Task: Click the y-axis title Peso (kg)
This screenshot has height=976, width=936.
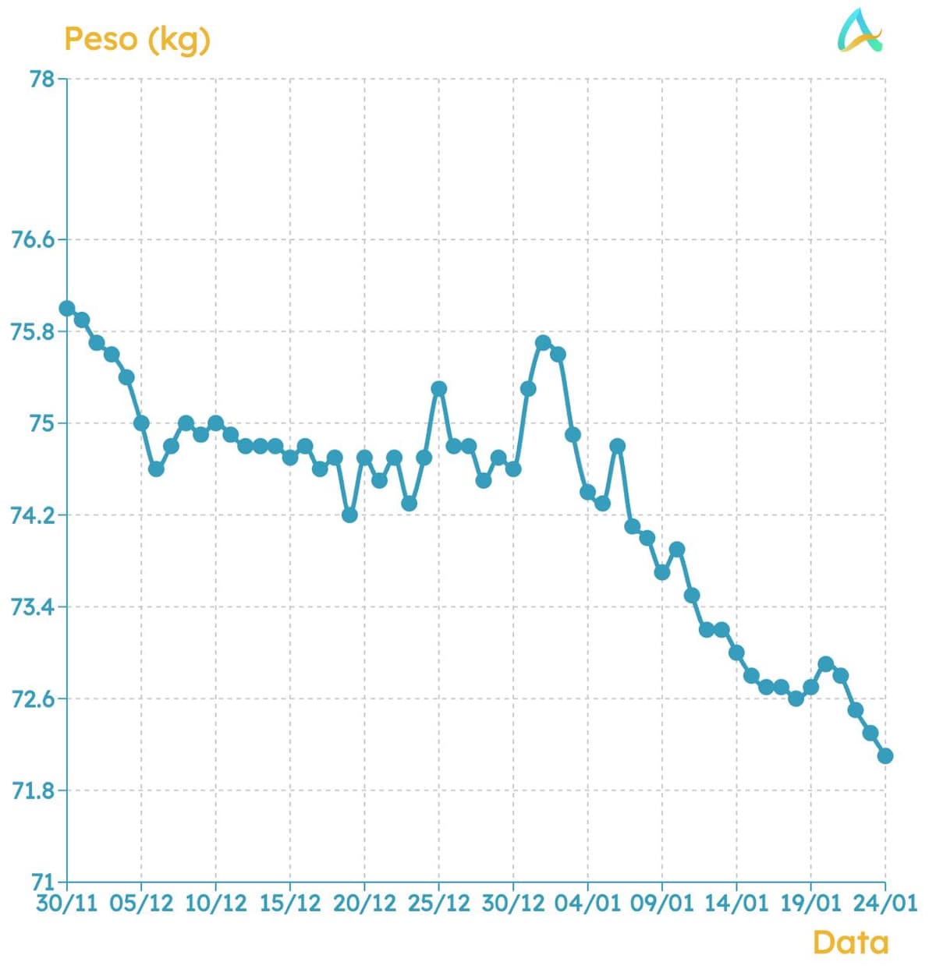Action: click(137, 39)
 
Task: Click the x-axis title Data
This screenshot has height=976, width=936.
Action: click(850, 942)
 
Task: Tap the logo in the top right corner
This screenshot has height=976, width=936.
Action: click(860, 31)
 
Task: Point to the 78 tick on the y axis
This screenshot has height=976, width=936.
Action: click(42, 79)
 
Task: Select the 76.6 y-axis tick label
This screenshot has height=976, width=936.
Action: click(33, 239)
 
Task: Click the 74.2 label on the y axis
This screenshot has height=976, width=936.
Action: click(33, 515)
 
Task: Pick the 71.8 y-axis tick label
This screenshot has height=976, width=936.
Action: click(33, 790)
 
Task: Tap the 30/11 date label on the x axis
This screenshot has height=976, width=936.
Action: click(67, 904)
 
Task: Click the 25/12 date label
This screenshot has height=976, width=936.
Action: click(439, 904)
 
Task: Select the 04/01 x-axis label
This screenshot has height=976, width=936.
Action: click(587, 904)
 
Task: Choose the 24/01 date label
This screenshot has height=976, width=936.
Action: click(885, 904)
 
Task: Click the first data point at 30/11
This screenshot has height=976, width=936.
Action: click(67, 309)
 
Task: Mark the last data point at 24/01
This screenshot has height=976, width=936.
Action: click(885, 756)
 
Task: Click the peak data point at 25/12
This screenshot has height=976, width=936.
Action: click(439, 389)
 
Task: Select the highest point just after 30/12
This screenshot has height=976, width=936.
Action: click(543, 343)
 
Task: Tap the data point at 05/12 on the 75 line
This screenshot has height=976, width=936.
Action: click(141, 423)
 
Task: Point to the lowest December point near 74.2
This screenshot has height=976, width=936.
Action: click(349, 515)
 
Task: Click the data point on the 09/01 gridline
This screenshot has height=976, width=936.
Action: click(662, 573)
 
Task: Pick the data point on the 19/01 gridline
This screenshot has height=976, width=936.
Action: click(810, 688)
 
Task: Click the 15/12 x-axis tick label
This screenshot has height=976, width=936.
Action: click(290, 904)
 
